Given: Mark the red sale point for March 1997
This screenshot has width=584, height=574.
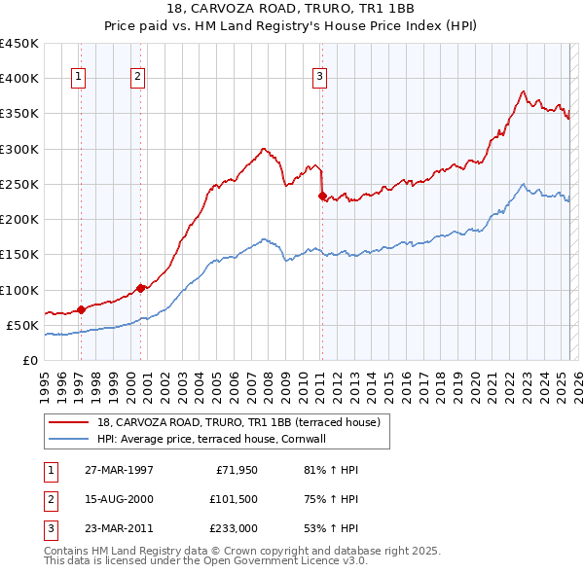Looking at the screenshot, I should [x=82, y=309].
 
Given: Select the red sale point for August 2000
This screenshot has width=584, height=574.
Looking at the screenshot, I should [x=140, y=288].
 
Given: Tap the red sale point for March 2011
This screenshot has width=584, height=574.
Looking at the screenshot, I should [x=322, y=196].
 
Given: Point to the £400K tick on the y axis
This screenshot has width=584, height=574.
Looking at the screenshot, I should [x=19, y=79].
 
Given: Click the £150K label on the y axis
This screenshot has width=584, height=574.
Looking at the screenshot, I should [x=19, y=255].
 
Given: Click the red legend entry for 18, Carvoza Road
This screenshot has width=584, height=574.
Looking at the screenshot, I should [x=243, y=422].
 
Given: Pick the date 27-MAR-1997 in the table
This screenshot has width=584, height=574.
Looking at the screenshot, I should [x=119, y=470].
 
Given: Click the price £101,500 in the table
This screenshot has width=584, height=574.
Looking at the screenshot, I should [x=234, y=500].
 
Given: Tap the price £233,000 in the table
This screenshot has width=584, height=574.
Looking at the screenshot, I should [x=234, y=529].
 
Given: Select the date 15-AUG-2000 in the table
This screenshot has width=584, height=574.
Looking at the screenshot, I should [x=119, y=500].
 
